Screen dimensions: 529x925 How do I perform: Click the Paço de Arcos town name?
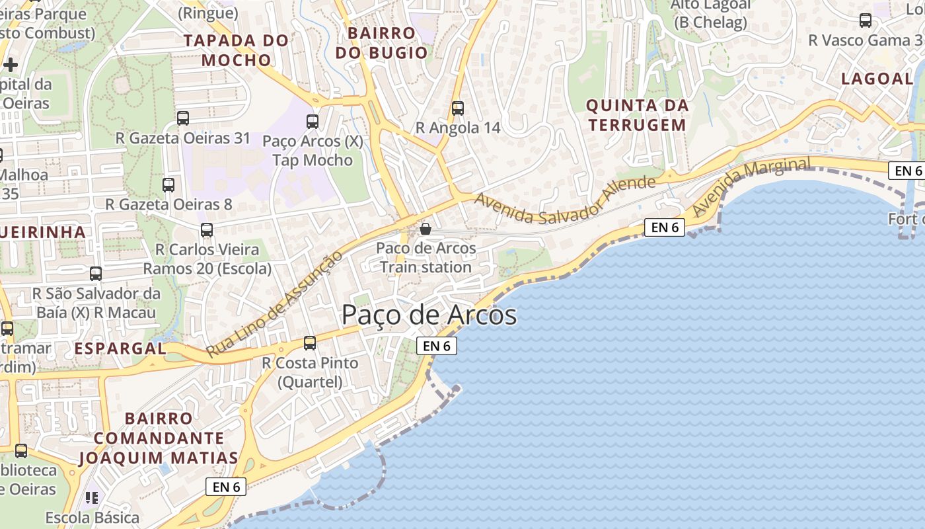coord(429,315)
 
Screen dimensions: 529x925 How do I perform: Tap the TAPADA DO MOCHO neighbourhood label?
coord(237,50)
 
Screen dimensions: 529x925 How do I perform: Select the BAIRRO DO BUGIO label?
coord(376,43)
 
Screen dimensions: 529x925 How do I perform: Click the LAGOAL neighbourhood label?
coord(877,79)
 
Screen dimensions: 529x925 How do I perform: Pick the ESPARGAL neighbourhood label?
coord(120,348)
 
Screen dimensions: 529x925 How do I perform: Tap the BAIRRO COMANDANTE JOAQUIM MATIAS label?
coord(159,438)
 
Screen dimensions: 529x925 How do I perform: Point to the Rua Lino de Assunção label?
coord(275,305)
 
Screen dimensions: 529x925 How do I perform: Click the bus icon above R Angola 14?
coord(458,108)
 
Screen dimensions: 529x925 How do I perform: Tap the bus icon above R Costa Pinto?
coord(309,343)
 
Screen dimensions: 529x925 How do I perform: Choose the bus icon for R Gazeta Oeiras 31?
coord(183,118)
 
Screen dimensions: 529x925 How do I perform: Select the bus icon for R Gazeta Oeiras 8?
coord(168,185)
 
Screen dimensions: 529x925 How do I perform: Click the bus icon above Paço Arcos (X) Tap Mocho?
coord(313,122)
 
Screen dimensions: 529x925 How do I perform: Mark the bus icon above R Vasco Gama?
coord(866,20)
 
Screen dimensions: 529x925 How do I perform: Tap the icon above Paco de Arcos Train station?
coord(425,229)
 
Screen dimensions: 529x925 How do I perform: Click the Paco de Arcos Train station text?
coord(425,258)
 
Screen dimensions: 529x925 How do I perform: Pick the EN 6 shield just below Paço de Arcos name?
coord(437,345)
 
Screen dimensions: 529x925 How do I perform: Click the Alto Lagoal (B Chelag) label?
coord(710,13)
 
